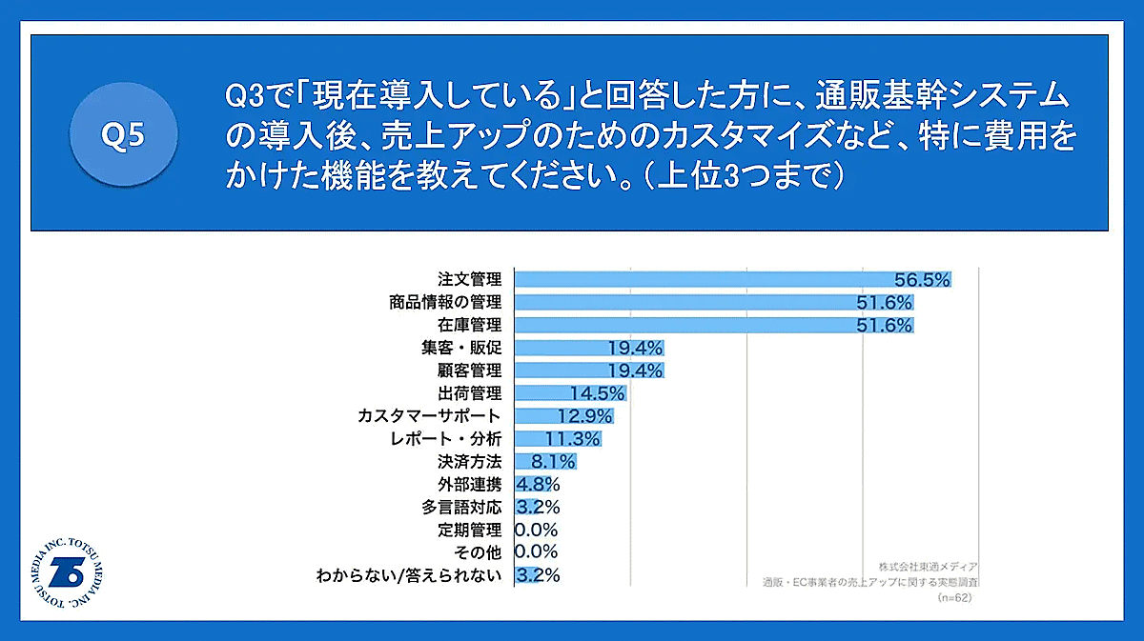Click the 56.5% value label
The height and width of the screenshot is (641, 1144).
[x=922, y=279]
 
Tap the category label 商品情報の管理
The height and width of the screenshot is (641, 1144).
[x=445, y=302]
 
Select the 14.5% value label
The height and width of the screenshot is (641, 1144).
[x=597, y=392]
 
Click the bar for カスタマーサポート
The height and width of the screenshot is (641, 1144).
[x=563, y=416]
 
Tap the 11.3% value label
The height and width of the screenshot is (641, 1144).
[x=572, y=439]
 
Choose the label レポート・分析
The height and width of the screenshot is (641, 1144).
[x=446, y=439]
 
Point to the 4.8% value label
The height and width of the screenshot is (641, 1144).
[x=538, y=484]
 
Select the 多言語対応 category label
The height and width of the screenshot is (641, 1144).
[x=461, y=507]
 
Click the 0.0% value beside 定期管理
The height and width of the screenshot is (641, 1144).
[x=536, y=530]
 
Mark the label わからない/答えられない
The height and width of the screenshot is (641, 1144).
[x=409, y=575]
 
